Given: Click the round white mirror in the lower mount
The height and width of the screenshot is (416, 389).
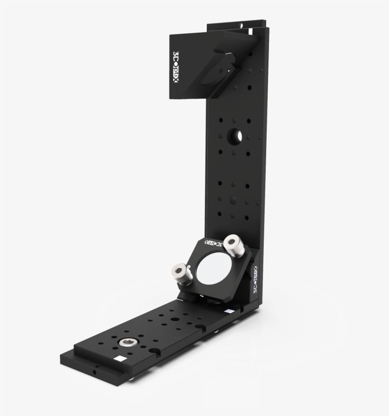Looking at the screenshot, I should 209,269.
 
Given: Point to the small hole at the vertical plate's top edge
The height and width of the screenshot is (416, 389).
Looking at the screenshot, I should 241,24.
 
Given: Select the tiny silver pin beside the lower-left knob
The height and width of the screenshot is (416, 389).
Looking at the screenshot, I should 191,269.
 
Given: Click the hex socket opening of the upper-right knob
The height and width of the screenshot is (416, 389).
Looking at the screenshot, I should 232,242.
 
